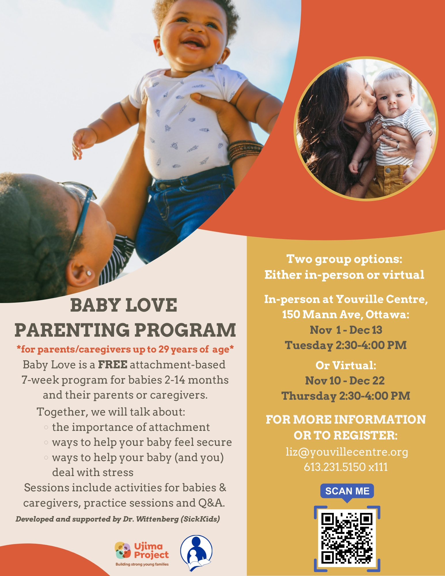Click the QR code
pyautogui.click(x=347, y=539)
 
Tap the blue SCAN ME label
pyautogui.click(x=347, y=491)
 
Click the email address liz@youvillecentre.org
pyautogui.click(x=347, y=452)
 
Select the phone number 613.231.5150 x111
pyautogui.click(x=346, y=467)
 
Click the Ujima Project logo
pyautogui.click(x=142, y=554)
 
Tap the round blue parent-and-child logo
pyautogui.click(x=196, y=553)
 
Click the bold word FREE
pyautogui.click(x=113, y=365)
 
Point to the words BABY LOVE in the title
pyautogui.click(x=124, y=305)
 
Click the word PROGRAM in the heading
pyautogui.click(x=185, y=330)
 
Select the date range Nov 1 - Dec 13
pyautogui.click(x=346, y=330)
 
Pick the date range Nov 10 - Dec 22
pyautogui.click(x=345, y=381)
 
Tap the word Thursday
pyautogui.click(x=309, y=396)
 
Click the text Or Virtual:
pyautogui.click(x=346, y=365)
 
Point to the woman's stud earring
pyautogui.click(x=89, y=272)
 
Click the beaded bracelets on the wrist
pyautogui.click(x=245, y=150)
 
